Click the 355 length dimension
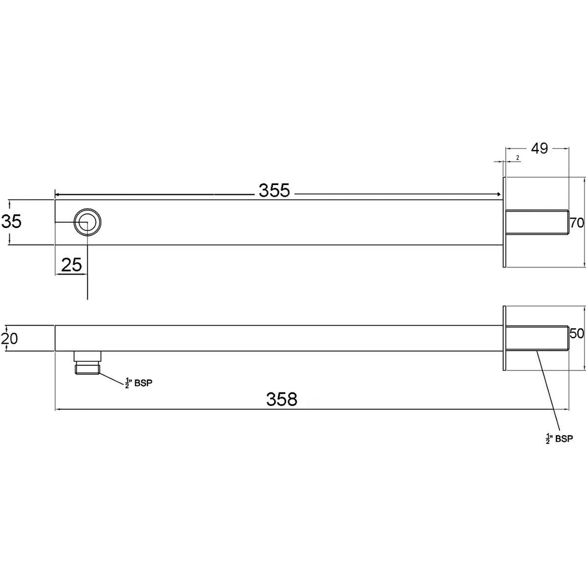click(274, 191)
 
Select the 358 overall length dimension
click(282, 399)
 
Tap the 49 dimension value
click(539, 148)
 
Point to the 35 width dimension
click(12, 222)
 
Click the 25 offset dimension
click(71, 265)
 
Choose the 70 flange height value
click(577, 223)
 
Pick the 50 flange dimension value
click(577, 334)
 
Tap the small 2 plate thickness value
click(517, 158)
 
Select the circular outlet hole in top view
click(87, 222)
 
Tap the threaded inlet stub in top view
click(536, 223)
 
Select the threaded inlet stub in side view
click(536, 337)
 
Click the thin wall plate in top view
click(503, 222)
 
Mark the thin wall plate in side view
click(503, 338)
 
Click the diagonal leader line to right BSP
click(547, 391)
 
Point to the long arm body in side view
click(278, 338)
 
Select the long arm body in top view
click(293, 222)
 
